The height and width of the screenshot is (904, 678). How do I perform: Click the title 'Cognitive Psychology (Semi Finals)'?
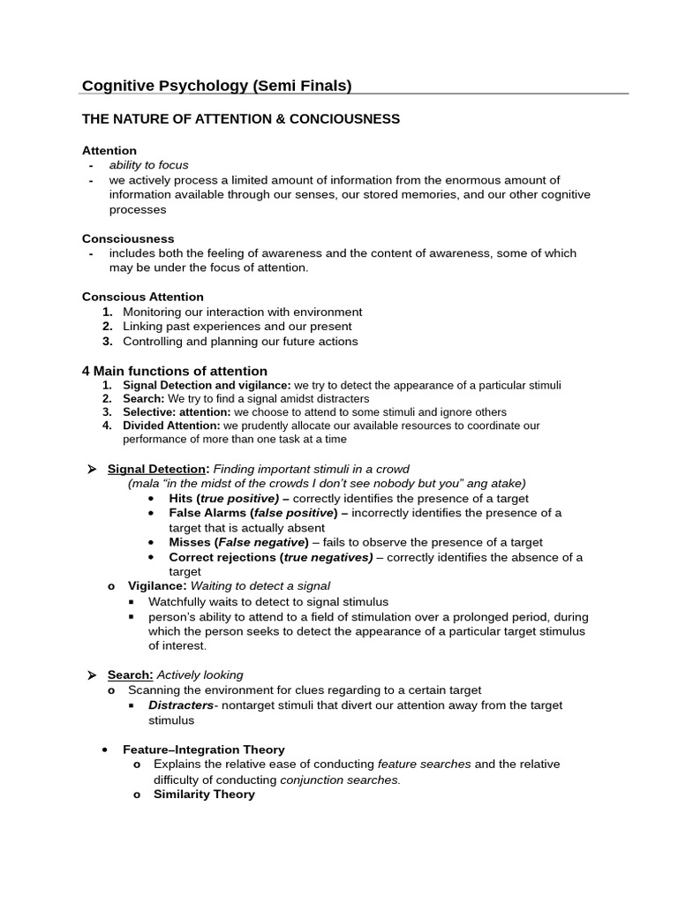(216, 86)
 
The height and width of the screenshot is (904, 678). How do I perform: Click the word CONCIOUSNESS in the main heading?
(348, 119)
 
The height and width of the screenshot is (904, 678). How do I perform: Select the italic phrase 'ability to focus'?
(148, 165)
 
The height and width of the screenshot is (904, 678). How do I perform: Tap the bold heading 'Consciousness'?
(128, 238)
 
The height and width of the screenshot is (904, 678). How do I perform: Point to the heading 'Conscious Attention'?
(142, 297)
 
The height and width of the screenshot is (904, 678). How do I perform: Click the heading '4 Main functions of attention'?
(174, 371)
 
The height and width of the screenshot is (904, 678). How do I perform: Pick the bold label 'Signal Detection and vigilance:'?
(207, 386)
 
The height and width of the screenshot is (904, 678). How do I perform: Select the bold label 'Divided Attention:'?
(171, 426)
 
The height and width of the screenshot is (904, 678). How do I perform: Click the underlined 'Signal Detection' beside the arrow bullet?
(156, 469)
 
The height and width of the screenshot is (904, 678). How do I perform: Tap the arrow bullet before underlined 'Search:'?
(91, 675)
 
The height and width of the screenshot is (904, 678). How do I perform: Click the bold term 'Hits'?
(181, 498)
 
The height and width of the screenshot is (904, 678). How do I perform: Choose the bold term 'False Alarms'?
(208, 513)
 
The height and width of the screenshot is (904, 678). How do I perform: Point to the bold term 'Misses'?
(189, 542)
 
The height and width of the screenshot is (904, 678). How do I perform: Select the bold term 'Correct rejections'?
(222, 557)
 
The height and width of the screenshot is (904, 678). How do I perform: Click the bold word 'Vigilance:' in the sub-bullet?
(157, 586)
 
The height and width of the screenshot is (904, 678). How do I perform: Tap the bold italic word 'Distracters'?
(181, 705)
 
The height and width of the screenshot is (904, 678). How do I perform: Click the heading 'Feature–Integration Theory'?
(204, 750)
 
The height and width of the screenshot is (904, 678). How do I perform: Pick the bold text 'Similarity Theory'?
(204, 794)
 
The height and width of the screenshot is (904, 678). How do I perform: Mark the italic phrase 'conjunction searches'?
(340, 780)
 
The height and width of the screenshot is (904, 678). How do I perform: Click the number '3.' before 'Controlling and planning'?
(108, 341)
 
